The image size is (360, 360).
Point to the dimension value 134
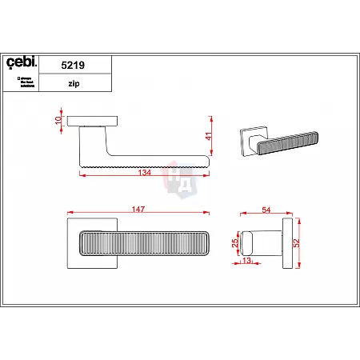pyautogui.click(x=146, y=173)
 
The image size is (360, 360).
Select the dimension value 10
pyautogui.click(x=57, y=120)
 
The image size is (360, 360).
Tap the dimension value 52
pyautogui.click(x=296, y=243)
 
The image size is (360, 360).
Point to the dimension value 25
pyautogui.click(x=235, y=242)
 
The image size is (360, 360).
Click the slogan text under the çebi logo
pyautogui.click(x=26, y=82)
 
